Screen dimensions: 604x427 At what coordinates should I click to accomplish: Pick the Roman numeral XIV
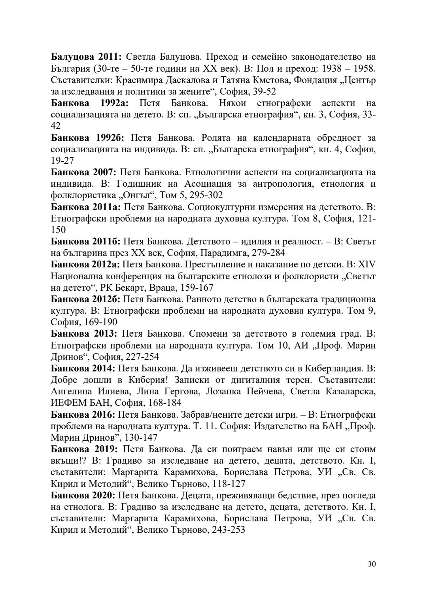(367, 264)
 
